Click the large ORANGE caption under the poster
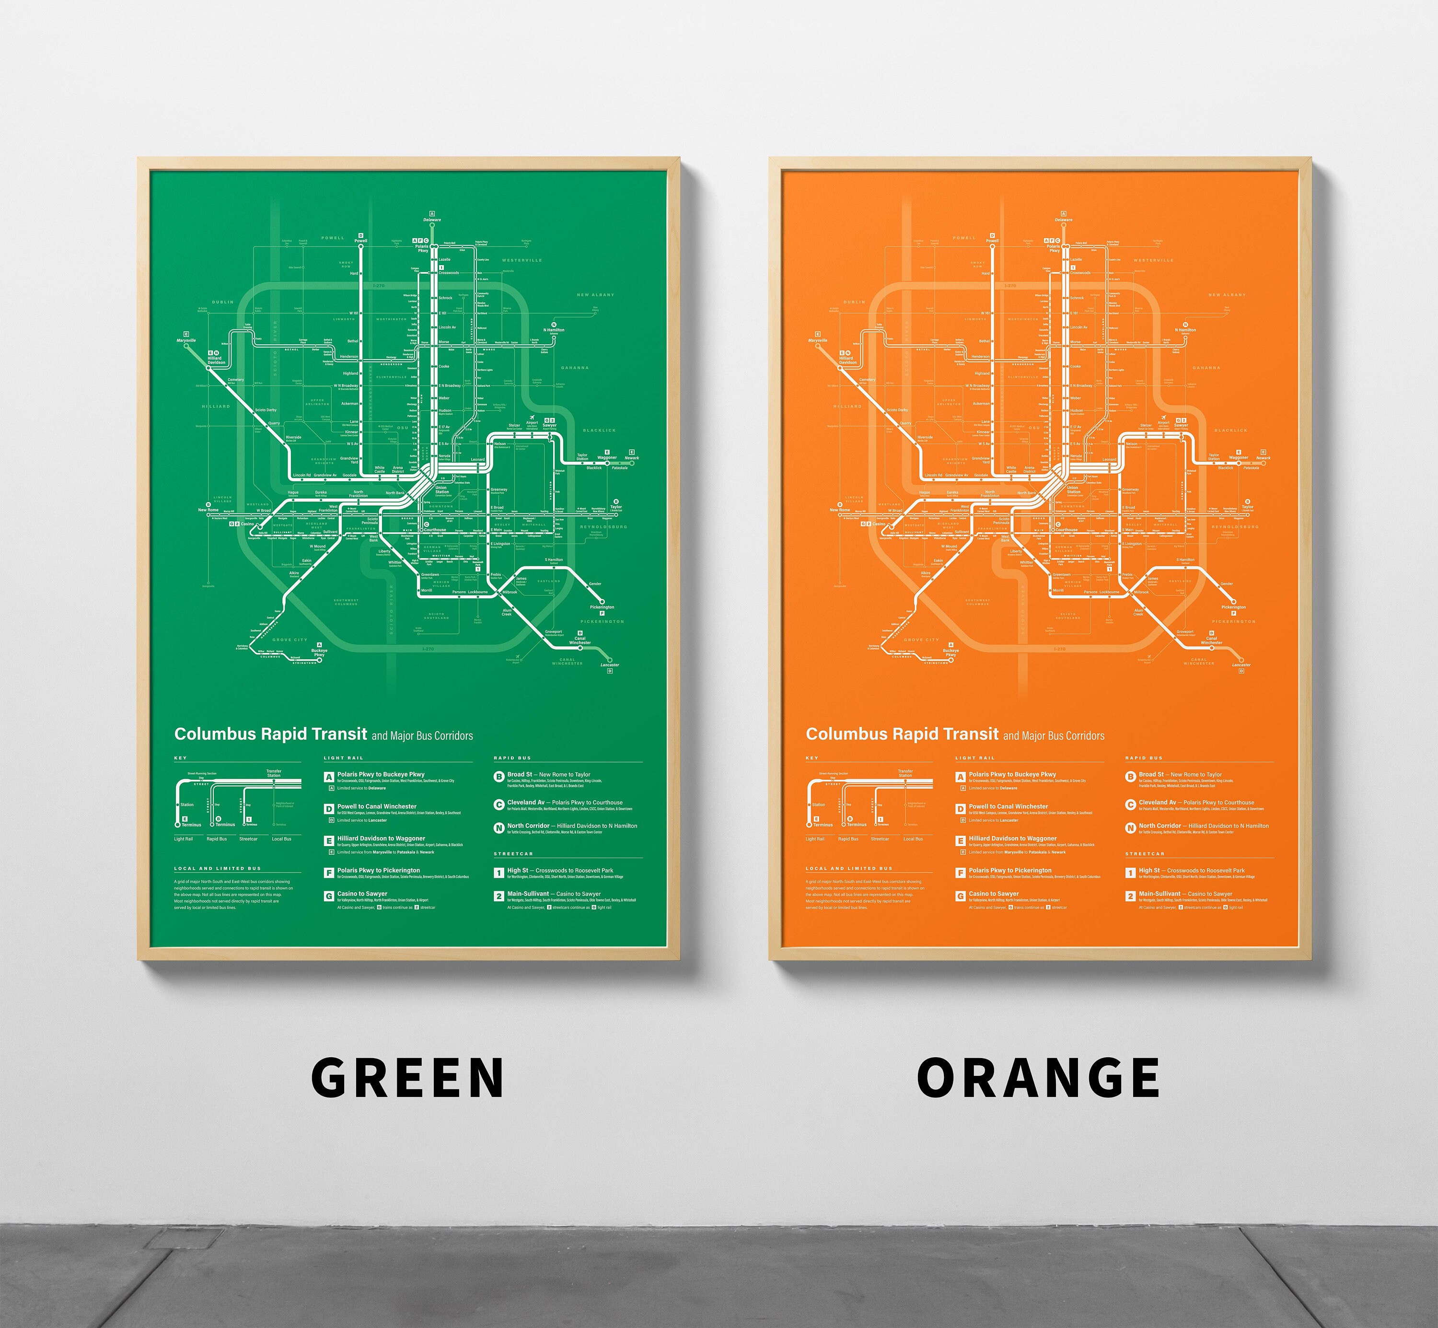[1038, 1077]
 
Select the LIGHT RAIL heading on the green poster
[344, 757]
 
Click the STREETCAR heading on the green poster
[513, 854]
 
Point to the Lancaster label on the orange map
[1241, 664]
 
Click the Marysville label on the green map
[186, 340]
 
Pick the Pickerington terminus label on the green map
[602, 607]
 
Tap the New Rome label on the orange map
[839, 510]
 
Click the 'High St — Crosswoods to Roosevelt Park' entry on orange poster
[1192, 870]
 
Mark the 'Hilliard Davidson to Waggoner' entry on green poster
[381, 839]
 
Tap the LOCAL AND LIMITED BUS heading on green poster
[218, 868]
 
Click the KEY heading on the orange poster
[812, 757]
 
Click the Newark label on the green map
[632, 458]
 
